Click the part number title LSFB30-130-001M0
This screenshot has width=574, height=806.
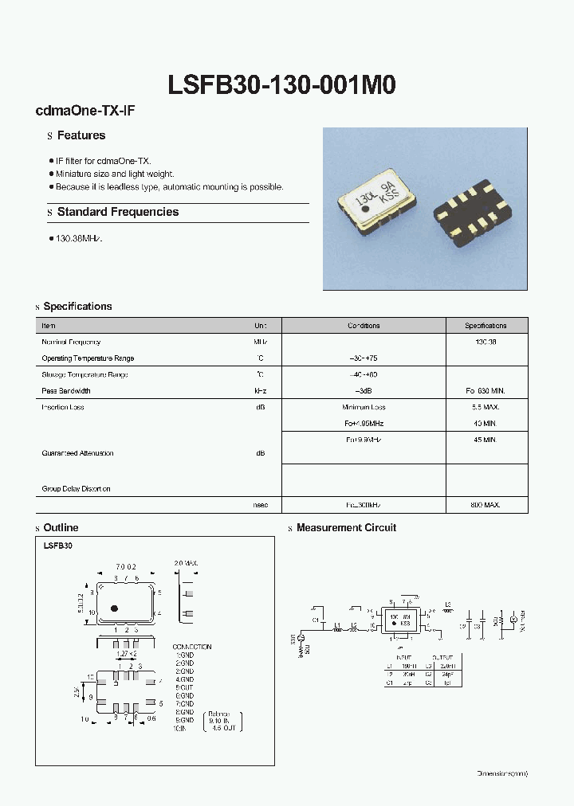pos(282,85)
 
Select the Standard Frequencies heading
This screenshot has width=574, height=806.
pos(117,212)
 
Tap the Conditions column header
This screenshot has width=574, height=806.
pos(364,326)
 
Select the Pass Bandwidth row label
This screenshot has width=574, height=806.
pos(66,391)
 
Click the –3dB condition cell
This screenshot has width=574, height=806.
pos(364,391)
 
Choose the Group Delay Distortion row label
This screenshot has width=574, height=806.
pos(76,489)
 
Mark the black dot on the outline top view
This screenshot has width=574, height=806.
pos(114,608)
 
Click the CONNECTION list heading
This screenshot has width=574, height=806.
pos(191,647)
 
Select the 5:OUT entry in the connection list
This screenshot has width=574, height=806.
pos(185,687)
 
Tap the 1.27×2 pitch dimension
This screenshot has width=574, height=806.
pos(126,654)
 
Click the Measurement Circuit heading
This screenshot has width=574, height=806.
pos(346,528)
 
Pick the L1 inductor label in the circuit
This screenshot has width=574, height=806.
pos(337,624)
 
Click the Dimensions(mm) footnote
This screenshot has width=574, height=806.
pos(502,773)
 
